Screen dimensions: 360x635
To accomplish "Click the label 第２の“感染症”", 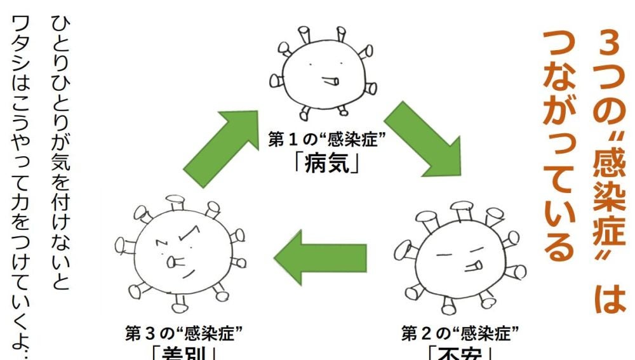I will (x=460, y=332).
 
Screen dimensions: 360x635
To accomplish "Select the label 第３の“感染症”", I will (x=184, y=332).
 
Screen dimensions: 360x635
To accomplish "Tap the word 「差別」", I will (x=184, y=352).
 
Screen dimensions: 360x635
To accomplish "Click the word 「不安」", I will (x=460, y=354).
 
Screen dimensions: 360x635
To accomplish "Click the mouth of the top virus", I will (x=330, y=81).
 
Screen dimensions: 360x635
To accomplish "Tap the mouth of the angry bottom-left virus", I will (x=172, y=262).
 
